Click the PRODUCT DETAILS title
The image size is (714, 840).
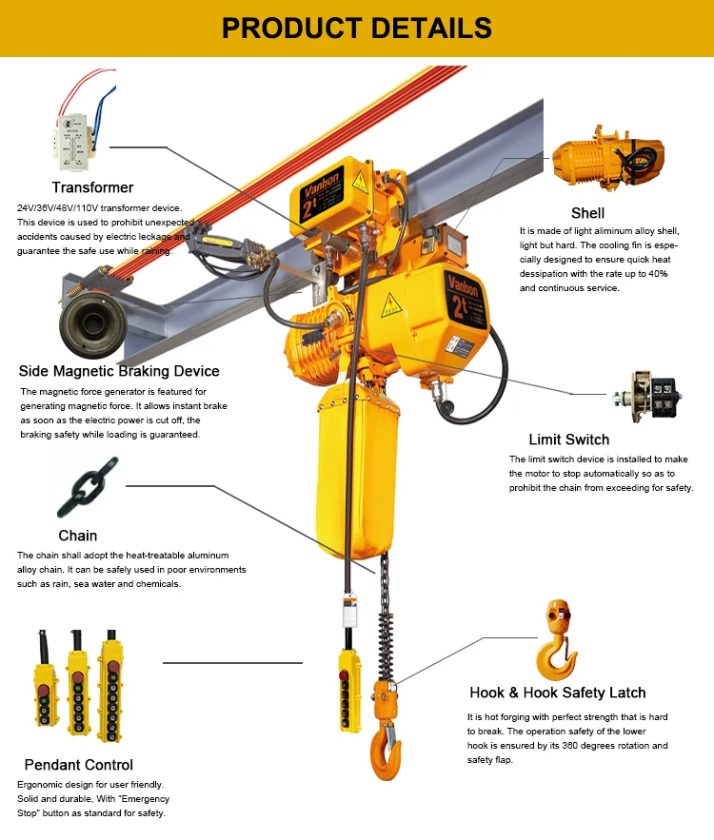pyautogui.click(x=356, y=28)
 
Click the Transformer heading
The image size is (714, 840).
pyautogui.click(x=92, y=187)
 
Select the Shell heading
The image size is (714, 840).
pyautogui.click(x=587, y=212)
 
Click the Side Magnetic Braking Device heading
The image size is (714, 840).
pyautogui.click(x=119, y=371)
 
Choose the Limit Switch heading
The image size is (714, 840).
pyautogui.click(x=568, y=440)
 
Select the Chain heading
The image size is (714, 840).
pyautogui.click(x=77, y=536)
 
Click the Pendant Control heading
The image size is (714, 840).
pyautogui.click(x=78, y=765)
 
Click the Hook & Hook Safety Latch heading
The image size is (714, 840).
pyautogui.click(x=557, y=693)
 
